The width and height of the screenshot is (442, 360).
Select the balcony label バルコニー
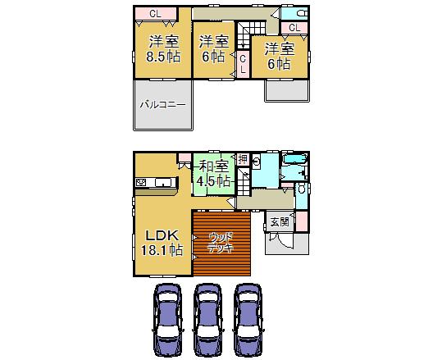pyautogui.click(x=162, y=104)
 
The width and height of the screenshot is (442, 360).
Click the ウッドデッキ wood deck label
pyautogui.click(x=221, y=243)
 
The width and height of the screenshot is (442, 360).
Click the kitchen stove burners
pyautogui.click(x=141, y=182)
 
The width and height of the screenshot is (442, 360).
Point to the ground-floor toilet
pyautogui.click(x=300, y=189)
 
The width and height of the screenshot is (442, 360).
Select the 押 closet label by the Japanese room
pyautogui.click(x=243, y=157)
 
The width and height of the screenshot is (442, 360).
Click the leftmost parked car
pyautogui.click(x=168, y=321)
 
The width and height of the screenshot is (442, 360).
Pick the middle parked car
pyautogui.click(x=208, y=321)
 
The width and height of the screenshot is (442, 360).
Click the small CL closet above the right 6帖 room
pyautogui.click(x=294, y=28)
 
